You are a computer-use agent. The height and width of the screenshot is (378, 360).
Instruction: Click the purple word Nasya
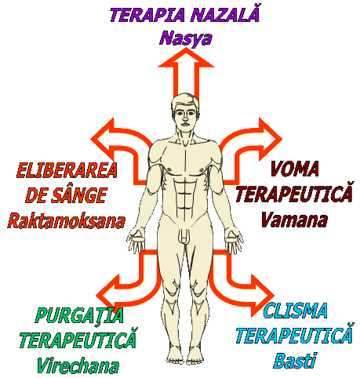[186, 39]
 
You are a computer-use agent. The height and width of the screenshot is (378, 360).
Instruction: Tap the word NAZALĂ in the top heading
[224, 14]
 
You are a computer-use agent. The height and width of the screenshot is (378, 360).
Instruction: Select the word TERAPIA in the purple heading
[147, 15]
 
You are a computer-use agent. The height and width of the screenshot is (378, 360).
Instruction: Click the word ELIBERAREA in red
[67, 170]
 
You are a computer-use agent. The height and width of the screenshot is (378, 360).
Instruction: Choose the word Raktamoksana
[66, 221]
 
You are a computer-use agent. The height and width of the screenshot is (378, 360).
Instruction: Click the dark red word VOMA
[295, 169]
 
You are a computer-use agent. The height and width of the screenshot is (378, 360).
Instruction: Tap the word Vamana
[294, 220]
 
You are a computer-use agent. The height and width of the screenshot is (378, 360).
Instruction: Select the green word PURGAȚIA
[79, 315]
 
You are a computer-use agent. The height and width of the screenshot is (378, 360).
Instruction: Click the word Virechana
[78, 365]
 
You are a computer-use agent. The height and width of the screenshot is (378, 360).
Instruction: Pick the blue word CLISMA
[296, 311]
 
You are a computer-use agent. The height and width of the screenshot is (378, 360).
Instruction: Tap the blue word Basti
[295, 361]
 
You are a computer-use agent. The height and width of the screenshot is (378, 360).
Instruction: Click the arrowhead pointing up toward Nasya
[186, 58]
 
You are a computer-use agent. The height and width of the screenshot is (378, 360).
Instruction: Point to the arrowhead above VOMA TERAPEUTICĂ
[270, 139]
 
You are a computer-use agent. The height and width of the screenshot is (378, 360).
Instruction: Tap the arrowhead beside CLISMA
[263, 296]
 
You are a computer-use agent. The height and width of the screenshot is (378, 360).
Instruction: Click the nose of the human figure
[185, 118]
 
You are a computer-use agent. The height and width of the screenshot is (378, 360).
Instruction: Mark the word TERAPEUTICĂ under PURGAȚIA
[78, 340]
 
